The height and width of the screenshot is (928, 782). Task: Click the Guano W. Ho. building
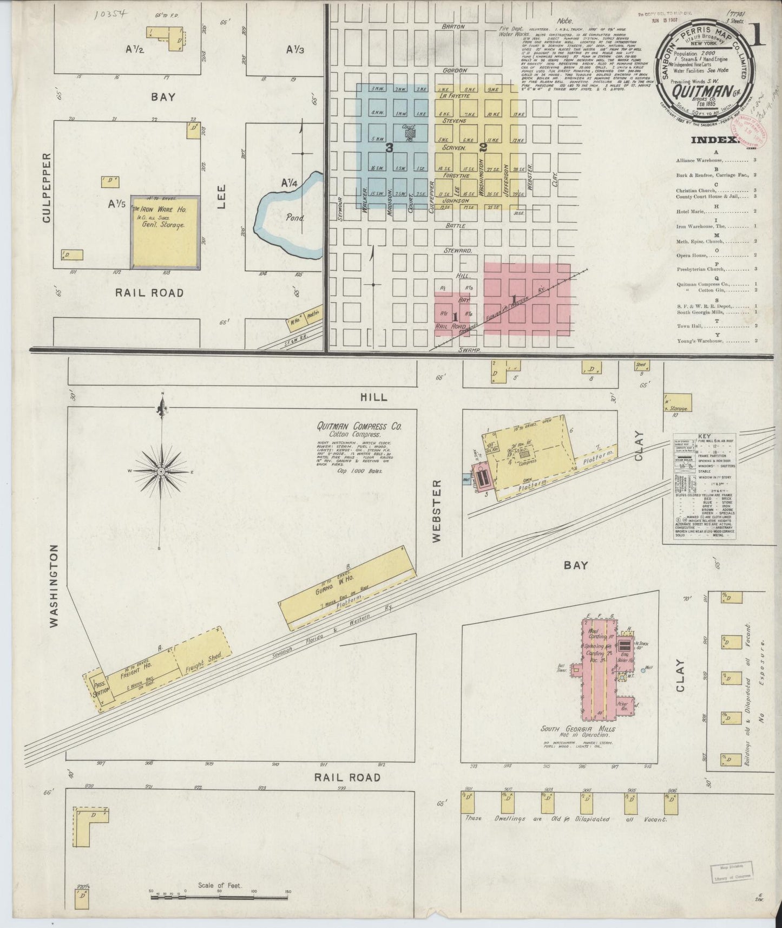pos(346,587)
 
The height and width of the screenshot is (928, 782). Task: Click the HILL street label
pos(374,397)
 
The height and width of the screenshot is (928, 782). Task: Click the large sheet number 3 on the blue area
pos(389,147)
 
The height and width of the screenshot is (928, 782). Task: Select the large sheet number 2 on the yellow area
pos(482,147)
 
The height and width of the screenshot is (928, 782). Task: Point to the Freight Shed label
pos(201,662)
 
